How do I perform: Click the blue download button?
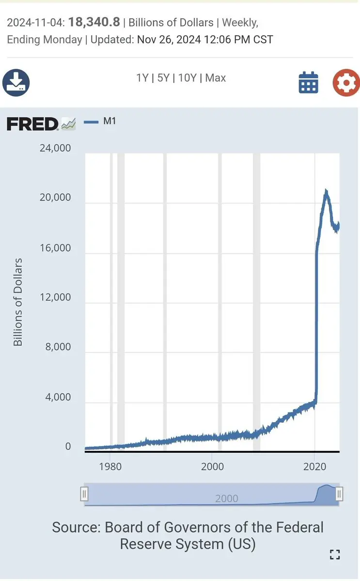[16, 82]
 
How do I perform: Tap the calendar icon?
[308, 82]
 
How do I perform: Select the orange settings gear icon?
[346, 82]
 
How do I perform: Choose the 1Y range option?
[142, 78]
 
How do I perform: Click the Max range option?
[216, 78]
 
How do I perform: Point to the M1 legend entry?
[110, 121]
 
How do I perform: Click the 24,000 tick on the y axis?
[55, 148]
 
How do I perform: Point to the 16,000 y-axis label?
[55, 248]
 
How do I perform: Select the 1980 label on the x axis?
[110, 466]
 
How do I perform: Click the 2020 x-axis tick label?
[314, 466]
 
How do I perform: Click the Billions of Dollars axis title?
[18, 302]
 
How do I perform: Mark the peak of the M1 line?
[326, 191]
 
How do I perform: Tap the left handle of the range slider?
[84, 494]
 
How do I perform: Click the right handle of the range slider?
[339, 494]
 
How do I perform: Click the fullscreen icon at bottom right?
[335, 554]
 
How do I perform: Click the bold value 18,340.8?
[94, 22]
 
